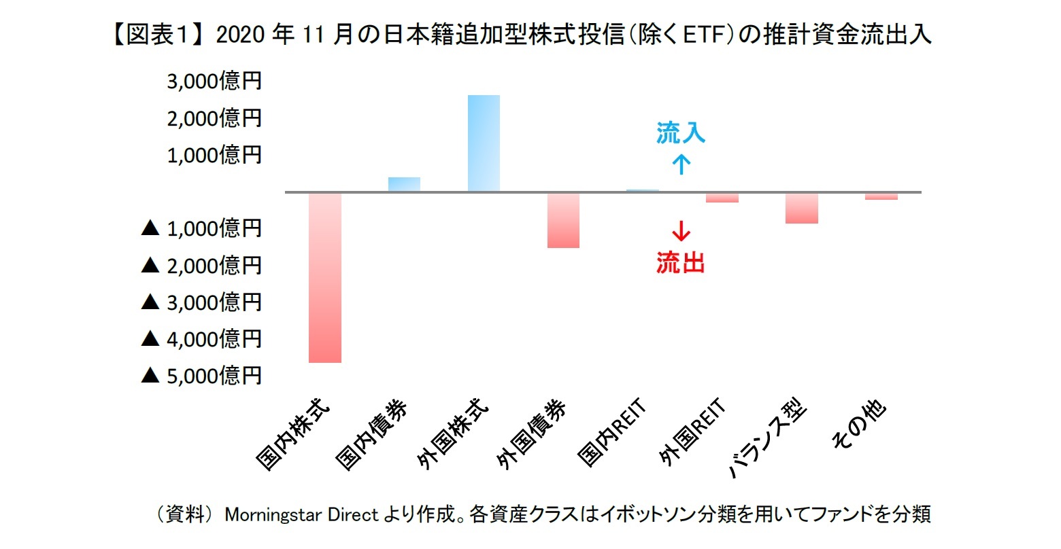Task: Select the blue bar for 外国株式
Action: (x=484, y=143)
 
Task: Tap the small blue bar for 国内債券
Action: (x=404, y=184)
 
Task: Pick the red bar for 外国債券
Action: (x=563, y=220)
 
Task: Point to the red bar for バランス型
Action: (x=802, y=208)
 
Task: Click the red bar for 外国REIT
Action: (x=722, y=197)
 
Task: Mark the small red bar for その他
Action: (x=881, y=196)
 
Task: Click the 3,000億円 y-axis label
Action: (x=214, y=82)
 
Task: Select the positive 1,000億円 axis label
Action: (x=214, y=155)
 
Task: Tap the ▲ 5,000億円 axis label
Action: (x=201, y=375)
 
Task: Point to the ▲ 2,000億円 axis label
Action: (x=201, y=265)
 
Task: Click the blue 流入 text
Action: (x=681, y=133)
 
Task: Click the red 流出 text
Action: (x=681, y=262)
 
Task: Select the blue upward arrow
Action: (x=681, y=164)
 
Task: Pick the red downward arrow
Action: (x=681, y=232)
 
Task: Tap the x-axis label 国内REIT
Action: (x=611, y=434)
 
